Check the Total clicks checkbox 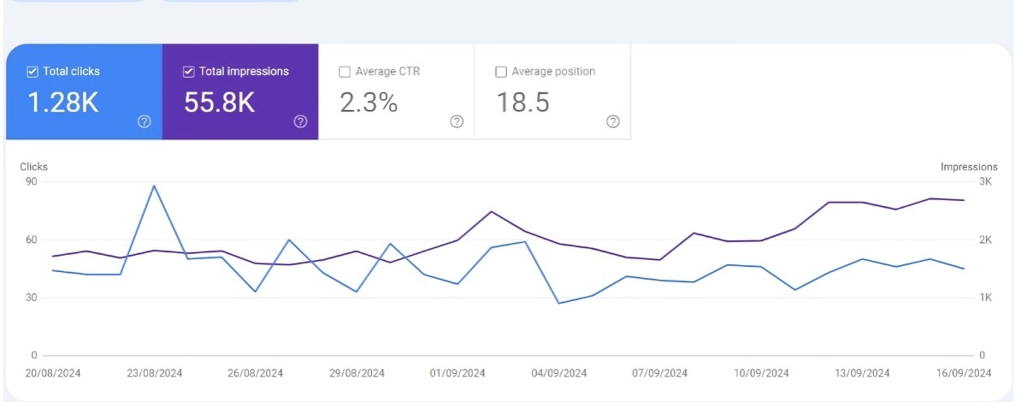coord(32,72)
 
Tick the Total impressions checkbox coord(188,72)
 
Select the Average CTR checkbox coord(345,72)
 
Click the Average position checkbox coord(501,72)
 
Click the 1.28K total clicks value coord(63,103)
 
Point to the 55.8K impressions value coord(220,103)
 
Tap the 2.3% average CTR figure coord(369,103)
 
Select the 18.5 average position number coord(522,103)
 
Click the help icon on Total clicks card coord(145,121)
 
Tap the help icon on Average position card coord(613,121)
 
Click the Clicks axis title coord(34,167)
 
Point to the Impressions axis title coord(969,167)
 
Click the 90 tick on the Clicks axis coord(32,182)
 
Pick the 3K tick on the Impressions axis coord(985,182)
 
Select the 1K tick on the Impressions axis coord(985,298)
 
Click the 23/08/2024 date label coord(154,373)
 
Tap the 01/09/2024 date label coord(457,373)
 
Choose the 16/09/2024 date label coord(964,373)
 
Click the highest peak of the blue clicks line coord(154,186)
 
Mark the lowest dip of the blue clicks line coord(558,303)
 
